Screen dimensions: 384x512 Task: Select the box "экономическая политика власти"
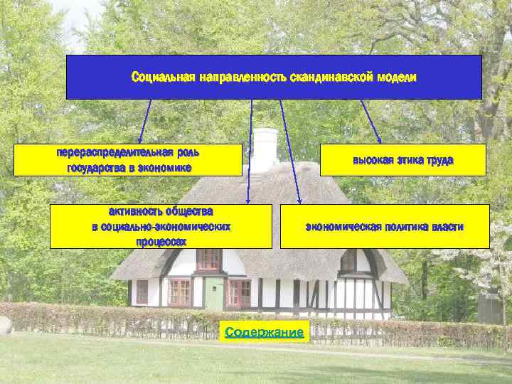tap(385, 227)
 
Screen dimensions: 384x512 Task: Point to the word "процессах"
tap(161, 242)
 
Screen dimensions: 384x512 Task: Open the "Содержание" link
tap(264, 332)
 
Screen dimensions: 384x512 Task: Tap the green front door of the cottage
tap(214, 293)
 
